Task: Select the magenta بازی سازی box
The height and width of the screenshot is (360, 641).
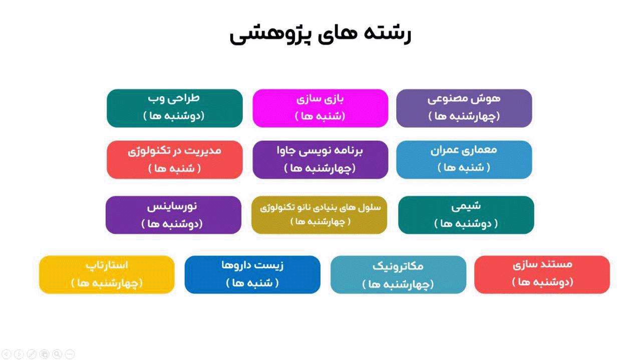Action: [320, 108]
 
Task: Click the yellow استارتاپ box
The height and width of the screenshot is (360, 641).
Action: [107, 274]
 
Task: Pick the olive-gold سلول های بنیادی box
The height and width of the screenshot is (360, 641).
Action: [319, 215]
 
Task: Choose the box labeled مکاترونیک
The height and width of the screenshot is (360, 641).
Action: [398, 275]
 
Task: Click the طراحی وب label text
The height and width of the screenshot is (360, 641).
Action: [174, 99]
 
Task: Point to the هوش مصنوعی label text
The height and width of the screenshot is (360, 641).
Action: [464, 99]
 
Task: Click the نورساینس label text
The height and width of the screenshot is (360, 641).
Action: [172, 206]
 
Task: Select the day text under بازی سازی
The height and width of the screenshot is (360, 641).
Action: [320, 116]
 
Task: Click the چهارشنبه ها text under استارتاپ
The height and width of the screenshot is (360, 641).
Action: [107, 283]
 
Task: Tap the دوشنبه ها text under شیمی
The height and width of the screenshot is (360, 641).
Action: [466, 223]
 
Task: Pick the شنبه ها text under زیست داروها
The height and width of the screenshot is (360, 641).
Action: [252, 283]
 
